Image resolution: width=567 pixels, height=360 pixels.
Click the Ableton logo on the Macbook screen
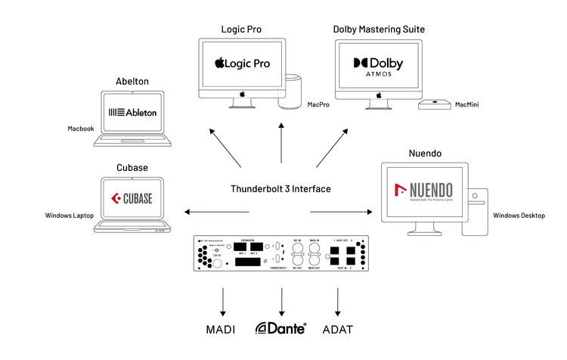point(132,113)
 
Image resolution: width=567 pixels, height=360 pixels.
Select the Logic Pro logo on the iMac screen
point(243,63)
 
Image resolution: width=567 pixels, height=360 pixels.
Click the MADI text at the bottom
point(221,330)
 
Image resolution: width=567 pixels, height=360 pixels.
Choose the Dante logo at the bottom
point(280,329)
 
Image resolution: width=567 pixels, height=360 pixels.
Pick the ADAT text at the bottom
point(337,330)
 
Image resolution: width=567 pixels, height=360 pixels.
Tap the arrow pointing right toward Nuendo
point(342,211)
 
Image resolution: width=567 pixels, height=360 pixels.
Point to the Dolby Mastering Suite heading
point(379,29)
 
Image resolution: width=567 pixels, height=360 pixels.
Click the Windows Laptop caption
point(70,216)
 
